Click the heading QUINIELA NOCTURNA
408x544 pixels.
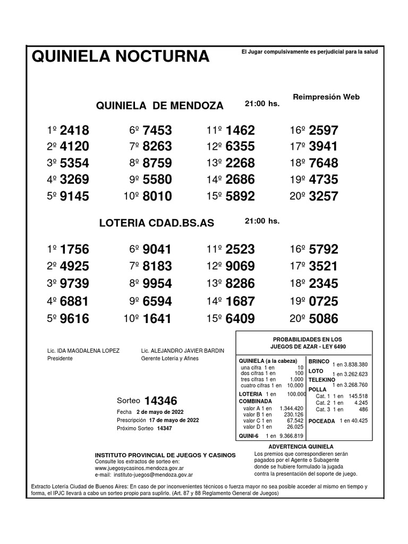(x=121, y=56)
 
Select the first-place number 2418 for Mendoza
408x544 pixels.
(x=75, y=131)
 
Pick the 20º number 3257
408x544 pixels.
(x=324, y=197)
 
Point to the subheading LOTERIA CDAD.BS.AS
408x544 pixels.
(x=157, y=224)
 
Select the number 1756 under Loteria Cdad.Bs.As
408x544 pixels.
(x=75, y=250)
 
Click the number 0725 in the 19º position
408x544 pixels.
(x=324, y=302)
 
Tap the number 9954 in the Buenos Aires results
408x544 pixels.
(x=157, y=284)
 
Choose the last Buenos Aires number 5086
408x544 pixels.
(x=324, y=319)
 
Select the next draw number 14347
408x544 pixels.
(x=165, y=428)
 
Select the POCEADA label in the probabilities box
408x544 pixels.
(x=321, y=421)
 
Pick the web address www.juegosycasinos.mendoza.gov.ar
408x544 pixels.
(x=139, y=469)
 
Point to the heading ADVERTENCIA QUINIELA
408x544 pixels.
(x=301, y=447)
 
